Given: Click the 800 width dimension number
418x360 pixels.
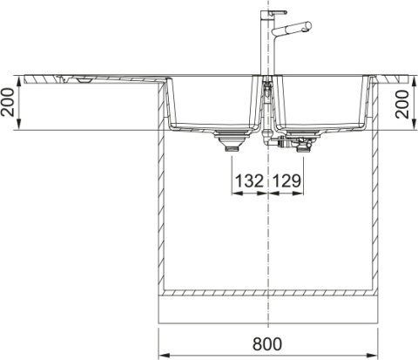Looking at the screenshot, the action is pyautogui.click(x=267, y=344).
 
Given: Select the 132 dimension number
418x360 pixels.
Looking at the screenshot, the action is pyautogui.click(x=249, y=180).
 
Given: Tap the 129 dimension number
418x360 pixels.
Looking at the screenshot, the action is pyautogui.click(x=287, y=180).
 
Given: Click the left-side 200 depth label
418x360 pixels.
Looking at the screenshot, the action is pyautogui.click(x=8, y=102).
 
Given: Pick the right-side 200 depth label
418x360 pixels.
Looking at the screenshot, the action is pyautogui.click(x=402, y=104).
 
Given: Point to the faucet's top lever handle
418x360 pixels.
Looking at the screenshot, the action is pyautogui.click(x=278, y=13).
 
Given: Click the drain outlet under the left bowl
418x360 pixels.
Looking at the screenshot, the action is pyautogui.click(x=233, y=141).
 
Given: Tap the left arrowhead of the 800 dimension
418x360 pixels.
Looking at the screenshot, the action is pyautogui.click(x=164, y=356).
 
